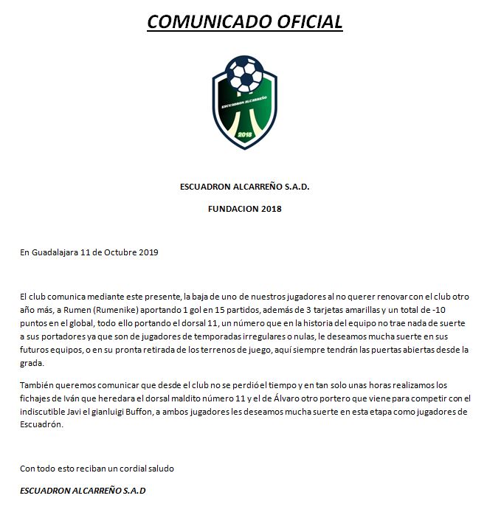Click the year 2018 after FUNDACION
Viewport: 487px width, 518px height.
[x=271, y=209]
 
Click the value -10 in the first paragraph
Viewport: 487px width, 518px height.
[x=459, y=311]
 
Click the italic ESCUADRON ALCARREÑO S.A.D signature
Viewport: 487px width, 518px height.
[x=83, y=491]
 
